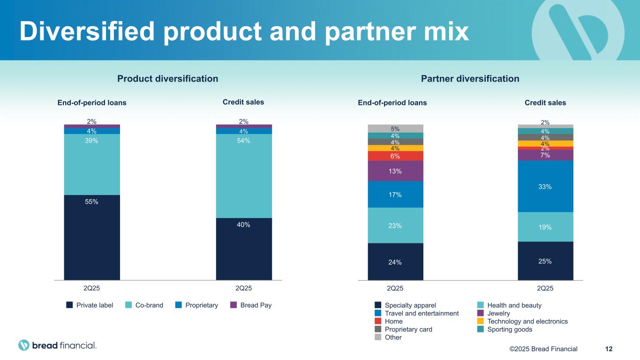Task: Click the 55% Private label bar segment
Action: click(92, 237)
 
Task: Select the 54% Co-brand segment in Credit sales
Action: click(244, 176)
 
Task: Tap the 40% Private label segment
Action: click(244, 249)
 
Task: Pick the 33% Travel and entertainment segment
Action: click(545, 186)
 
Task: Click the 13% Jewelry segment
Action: click(395, 171)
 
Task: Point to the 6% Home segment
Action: click(395, 156)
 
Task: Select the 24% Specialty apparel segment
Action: click(395, 262)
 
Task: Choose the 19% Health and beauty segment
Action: click(545, 227)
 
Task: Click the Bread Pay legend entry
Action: click(251, 305)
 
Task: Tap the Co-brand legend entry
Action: click(145, 305)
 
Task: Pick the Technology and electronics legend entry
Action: click(523, 322)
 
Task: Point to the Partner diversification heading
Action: click(470, 79)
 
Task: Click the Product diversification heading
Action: click(167, 79)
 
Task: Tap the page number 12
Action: click(609, 349)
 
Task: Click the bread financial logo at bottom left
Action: click(58, 345)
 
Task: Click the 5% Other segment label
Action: click(395, 128)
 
